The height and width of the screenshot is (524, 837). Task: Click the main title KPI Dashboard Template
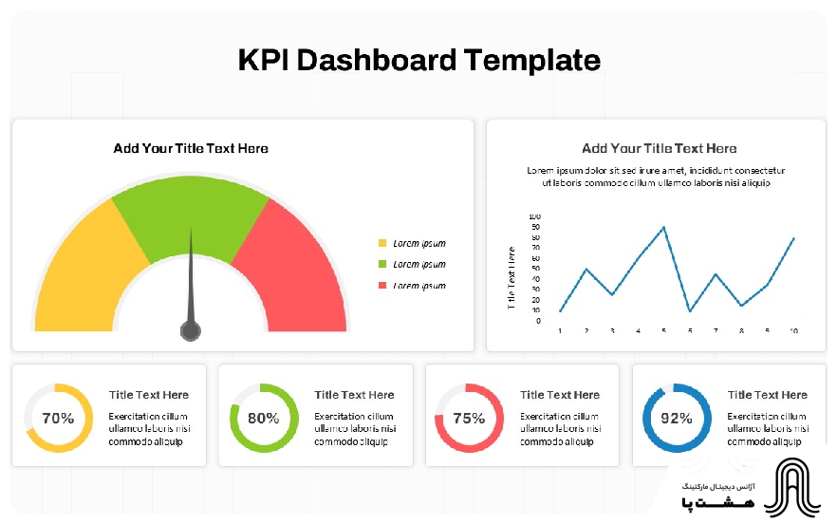tap(418, 60)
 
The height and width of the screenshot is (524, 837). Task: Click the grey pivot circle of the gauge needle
tap(191, 330)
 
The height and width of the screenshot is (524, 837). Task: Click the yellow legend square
tap(382, 244)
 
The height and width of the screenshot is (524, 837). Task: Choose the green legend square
tap(382, 265)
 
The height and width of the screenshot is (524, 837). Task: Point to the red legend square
tap(382, 286)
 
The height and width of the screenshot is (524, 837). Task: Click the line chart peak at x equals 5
tap(663, 227)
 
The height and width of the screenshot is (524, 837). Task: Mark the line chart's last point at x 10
tap(794, 238)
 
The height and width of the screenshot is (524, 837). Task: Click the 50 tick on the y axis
tap(536, 269)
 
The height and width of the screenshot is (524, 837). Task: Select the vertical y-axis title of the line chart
tap(512, 278)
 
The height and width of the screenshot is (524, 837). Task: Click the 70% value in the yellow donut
tap(58, 418)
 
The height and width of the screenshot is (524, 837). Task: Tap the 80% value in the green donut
tap(264, 418)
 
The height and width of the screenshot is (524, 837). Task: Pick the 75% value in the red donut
tap(469, 418)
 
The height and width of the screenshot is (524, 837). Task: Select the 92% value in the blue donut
tap(677, 418)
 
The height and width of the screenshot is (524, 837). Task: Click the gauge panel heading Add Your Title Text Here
tap(191, 148)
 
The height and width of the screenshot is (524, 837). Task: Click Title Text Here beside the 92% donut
tap(768, 395)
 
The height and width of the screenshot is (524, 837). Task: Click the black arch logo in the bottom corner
tap(796, 490)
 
